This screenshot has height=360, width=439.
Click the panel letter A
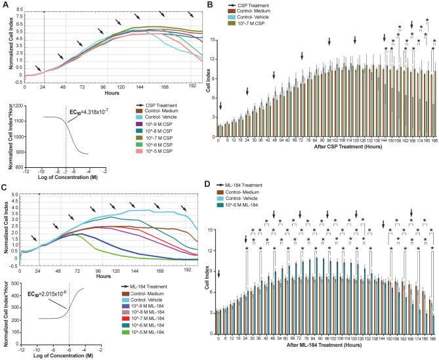tap(5, 6)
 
